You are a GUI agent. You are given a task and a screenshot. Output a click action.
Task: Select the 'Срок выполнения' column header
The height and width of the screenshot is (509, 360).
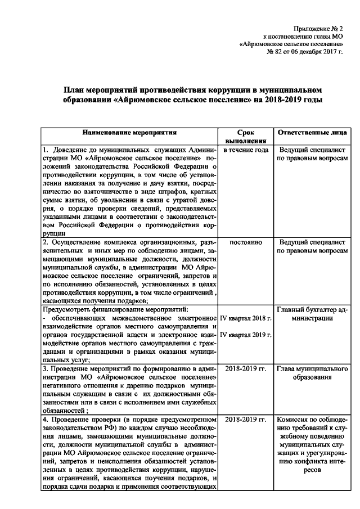[245, 137]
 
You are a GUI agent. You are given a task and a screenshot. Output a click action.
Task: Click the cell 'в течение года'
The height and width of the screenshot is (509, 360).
[245, 150]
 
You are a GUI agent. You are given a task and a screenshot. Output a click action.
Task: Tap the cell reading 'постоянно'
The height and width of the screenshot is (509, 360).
[245, 242]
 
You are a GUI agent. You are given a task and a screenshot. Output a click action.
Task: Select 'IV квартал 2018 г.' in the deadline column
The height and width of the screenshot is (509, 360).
[245, 318]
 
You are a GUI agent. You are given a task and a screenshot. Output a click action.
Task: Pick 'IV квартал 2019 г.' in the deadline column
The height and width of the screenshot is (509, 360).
[245, 335]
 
